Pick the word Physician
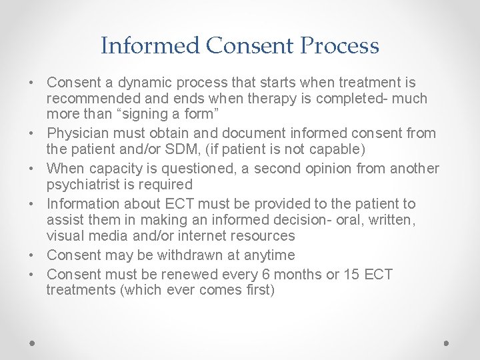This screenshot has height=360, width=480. [x=79, y=134]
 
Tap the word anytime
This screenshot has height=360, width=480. [x=271, y=255]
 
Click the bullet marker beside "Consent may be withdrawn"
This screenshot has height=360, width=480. [x=33, y=256]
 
